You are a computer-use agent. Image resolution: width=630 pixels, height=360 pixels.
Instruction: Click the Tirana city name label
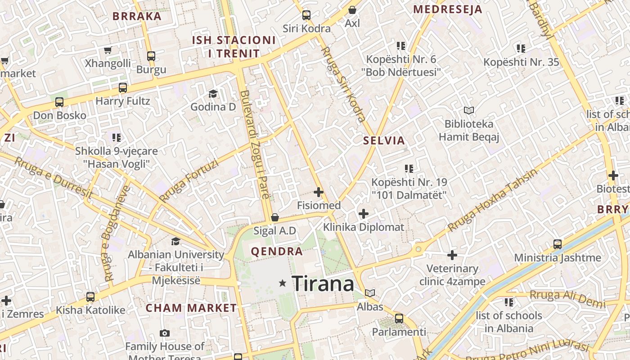[x=323, y=283]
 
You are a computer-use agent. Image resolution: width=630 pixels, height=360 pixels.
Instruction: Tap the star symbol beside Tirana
[x=283, y=283]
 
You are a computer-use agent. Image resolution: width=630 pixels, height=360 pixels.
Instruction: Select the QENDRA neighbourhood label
[x=277, y=252]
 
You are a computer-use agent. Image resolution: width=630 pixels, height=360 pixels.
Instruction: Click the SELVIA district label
[x=384, y=140]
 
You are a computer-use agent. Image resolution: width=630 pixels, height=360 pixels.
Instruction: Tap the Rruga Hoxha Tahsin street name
[x=492, y=201]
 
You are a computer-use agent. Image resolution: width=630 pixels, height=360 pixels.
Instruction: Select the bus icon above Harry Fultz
[x=123, y=88]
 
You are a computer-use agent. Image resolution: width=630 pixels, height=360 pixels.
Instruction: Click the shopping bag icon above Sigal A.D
[x=275, y=218]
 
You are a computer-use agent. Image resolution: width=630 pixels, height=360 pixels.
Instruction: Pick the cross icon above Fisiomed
[x=319, y=193]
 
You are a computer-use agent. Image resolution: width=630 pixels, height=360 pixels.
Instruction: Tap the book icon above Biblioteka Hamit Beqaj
[x=469, y=110]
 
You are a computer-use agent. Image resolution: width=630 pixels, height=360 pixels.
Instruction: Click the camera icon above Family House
[x=165, y=333]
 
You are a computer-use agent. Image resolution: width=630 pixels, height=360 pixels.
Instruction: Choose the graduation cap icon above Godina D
[x=213, y=94]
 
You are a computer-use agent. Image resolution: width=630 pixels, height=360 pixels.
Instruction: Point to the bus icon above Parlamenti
[x=399, y=319]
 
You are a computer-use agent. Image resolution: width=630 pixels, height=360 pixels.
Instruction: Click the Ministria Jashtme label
[x=558, y=258]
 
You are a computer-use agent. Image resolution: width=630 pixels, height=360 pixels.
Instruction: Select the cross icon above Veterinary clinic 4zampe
[x=452, y=255]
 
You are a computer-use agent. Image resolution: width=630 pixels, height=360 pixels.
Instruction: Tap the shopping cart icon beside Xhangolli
[x=108, y=50]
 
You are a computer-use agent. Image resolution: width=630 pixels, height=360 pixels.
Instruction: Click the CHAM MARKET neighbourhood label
[x=191, y=308]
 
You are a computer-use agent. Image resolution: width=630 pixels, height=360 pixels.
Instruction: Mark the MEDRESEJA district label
[x=447, y=9]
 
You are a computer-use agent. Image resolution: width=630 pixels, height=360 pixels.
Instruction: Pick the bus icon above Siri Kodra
[x=306, y=15]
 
